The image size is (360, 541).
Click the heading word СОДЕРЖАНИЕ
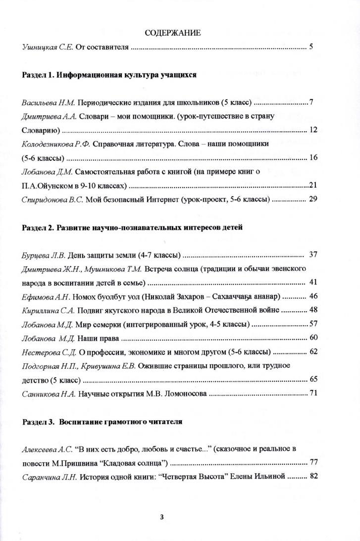click(173, 33)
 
